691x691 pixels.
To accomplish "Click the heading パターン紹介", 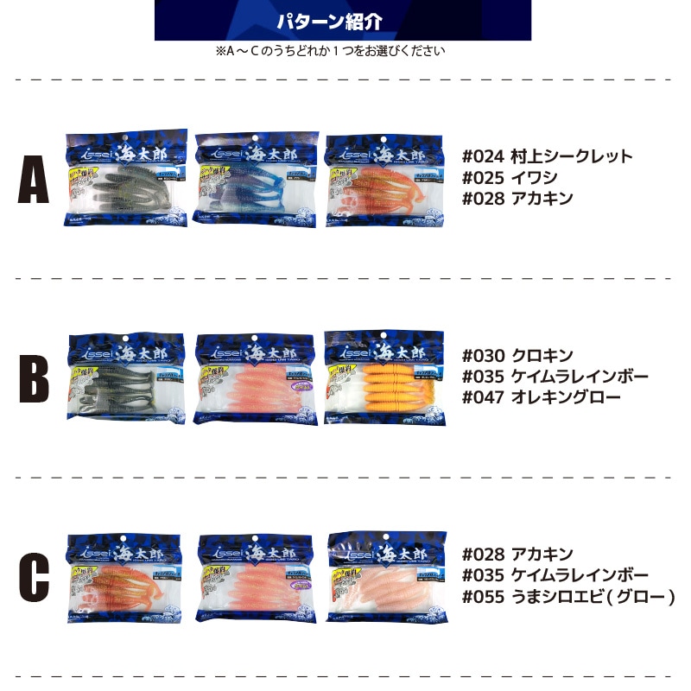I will (x=342, y=22).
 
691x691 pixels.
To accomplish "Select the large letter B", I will (x=33, y=377).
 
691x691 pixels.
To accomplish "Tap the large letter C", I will (x=33, y=576).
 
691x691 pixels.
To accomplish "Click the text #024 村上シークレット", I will (x=548, y=157).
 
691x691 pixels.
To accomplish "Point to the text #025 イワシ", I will (x=510, y=178).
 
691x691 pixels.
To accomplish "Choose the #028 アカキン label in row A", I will (x=517, y=199).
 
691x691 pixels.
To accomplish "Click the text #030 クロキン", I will (x=517, y=356).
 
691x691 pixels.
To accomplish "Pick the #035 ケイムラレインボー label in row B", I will (x=555, y=377).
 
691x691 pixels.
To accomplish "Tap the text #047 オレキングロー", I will (x=542, y=397).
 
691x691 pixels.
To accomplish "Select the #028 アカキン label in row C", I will (x=517, y=555).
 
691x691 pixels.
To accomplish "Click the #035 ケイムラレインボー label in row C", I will (x=555, y=575).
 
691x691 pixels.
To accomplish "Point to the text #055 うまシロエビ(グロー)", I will (x=568, y=596).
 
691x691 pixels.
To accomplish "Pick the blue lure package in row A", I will (x=256, y=179).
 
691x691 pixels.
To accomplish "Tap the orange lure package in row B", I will (x=384, y=377).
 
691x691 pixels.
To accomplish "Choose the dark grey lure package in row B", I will (x=127, y=377).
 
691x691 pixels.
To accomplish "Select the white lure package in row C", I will (x=386, y=576).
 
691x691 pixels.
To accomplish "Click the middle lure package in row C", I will (x=257, y=576).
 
